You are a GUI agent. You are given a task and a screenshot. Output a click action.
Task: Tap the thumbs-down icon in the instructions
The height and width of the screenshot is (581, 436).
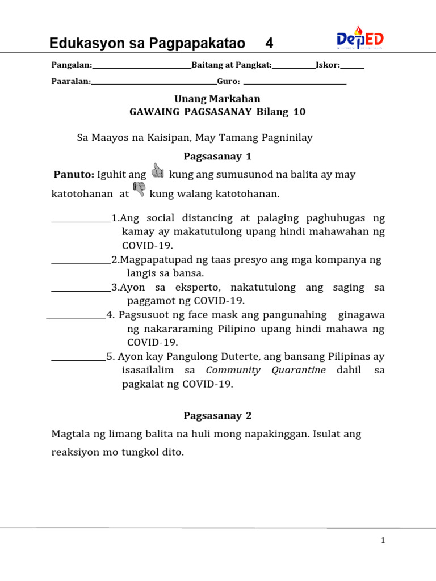[x=139, y=191]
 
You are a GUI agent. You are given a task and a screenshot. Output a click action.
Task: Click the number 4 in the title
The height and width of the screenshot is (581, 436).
[x=269, y=44]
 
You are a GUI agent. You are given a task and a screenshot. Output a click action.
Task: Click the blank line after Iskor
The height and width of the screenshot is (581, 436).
[x=352, y=68]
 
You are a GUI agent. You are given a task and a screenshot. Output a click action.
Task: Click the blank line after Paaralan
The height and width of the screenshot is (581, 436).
[x=154, y=83]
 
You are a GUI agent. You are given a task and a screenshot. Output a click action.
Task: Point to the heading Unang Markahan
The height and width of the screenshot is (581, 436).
[x=217, y=99]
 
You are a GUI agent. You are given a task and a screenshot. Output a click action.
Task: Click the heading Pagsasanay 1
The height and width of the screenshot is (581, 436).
[x=217, y=156]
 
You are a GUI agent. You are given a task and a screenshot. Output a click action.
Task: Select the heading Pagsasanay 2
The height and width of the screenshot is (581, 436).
[x=217, y=416]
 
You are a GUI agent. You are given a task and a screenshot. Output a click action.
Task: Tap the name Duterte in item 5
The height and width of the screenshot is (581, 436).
[x=238, y=356]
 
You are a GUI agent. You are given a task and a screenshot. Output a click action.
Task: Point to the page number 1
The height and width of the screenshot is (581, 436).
[x=383, y=541]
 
